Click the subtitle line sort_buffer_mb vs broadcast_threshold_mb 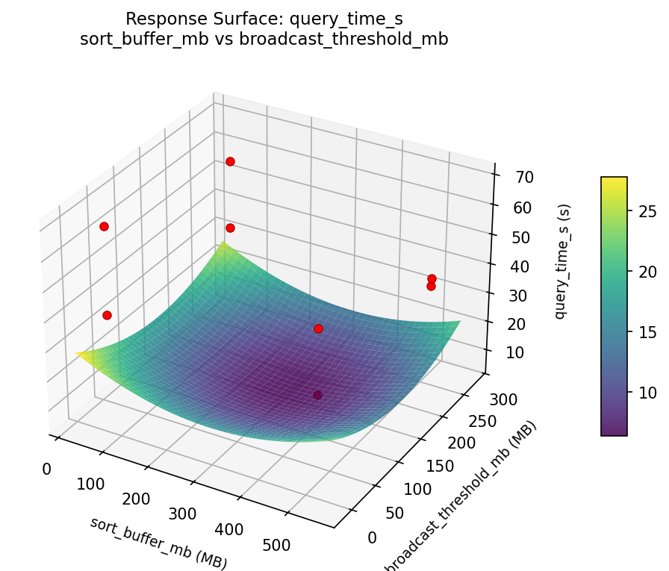(264, 40)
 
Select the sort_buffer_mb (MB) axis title (158, 542)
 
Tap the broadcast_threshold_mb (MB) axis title (461, 497)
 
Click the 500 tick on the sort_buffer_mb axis (277, 545)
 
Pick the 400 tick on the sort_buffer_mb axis (230, 529)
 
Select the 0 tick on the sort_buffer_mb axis (46, 469)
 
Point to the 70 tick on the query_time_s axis (523, 177)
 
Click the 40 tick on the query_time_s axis (523, 266)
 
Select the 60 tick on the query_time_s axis (523, 208)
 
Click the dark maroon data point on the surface (318, 395)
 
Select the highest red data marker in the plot (230, 161)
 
